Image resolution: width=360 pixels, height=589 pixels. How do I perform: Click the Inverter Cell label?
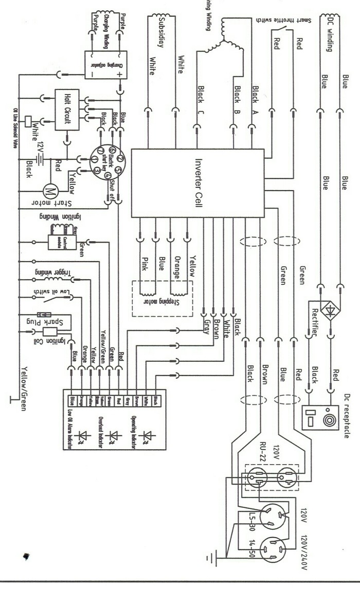[198, 182]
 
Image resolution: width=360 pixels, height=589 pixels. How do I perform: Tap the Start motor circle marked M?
[51, 191]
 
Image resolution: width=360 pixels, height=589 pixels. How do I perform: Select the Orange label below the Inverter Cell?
[176, 267]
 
